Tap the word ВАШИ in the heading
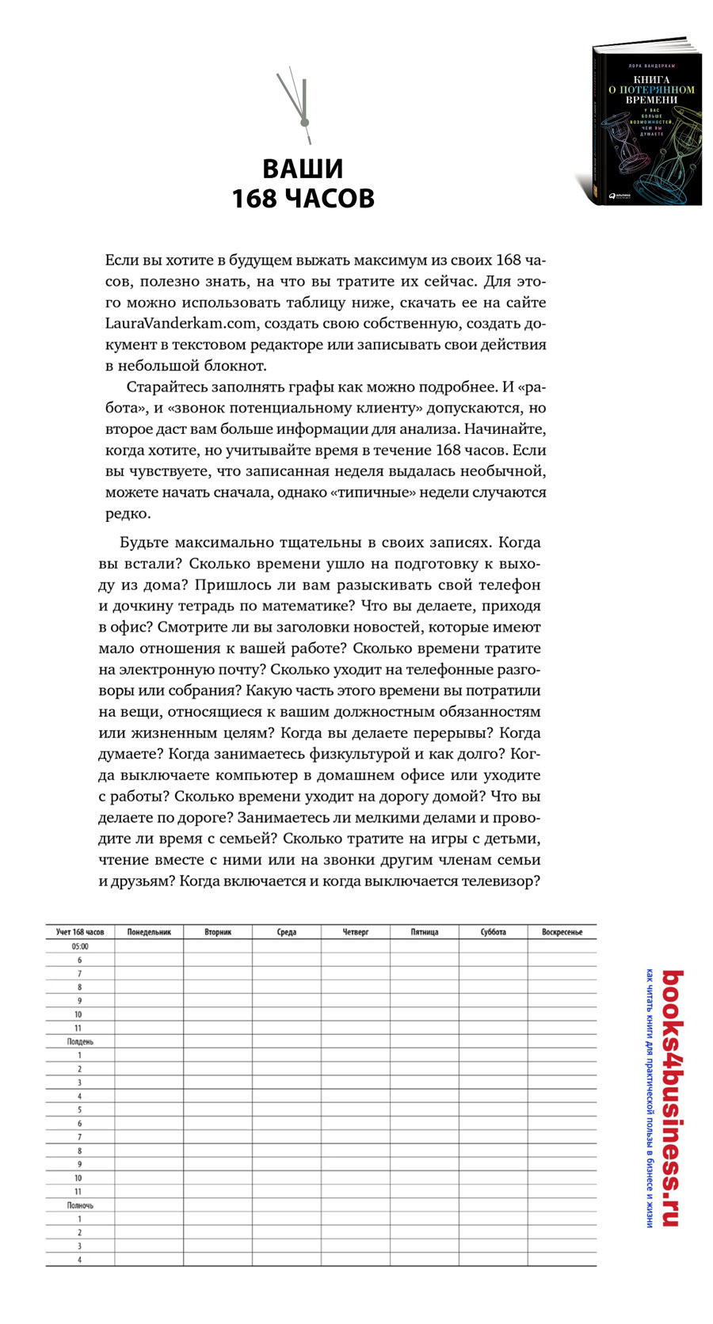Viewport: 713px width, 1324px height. click(303, 169)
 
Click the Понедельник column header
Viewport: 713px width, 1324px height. click(149, 932)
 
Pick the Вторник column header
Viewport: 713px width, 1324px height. click(218, 932)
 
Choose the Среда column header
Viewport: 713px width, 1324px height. click(287, 932)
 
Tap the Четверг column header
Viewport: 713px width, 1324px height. click(356, 932)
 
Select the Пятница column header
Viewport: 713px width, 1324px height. click(425, 932)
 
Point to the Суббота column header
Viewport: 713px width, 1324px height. click(494, 932)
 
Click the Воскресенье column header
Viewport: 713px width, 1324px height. click(562, 932)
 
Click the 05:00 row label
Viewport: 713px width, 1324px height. click(80, 946)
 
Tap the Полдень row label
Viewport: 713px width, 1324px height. click(80, 1042)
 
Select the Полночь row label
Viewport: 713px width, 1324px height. click(80, 1205)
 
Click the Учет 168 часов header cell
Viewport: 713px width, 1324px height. click(80, 932)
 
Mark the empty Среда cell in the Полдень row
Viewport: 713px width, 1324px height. click(287, 1042)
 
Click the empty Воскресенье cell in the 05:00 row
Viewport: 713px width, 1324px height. click(562, 946)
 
